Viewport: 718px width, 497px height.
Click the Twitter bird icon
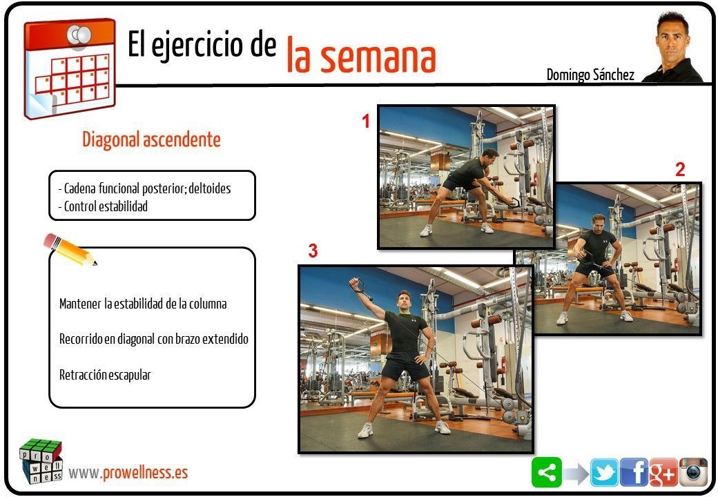pos(605,472)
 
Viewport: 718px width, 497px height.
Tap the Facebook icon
pos(634,472)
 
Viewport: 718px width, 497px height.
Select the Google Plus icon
pos(663,472)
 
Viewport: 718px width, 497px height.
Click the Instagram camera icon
pos(693,472)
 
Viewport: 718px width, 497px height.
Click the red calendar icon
pos(70,68)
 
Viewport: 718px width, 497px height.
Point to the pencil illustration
pos(70,249)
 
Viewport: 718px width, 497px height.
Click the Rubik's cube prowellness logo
pos(41,461)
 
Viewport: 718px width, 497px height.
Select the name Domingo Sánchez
pos(590,75)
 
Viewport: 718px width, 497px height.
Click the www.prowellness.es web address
pos(128,473)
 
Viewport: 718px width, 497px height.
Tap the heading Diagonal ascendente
pos(151,139)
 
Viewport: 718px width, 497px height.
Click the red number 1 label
pos(365,121)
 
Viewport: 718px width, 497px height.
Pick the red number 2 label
pos(680,170)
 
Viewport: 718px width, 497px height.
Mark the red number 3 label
pos(313,251)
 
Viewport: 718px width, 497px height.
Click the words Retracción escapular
pos(105,375)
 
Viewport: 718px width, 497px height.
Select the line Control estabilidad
pos(103,206)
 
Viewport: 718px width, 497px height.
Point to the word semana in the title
pos(378,58)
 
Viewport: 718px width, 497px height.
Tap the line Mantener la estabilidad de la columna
pos(143,304)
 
